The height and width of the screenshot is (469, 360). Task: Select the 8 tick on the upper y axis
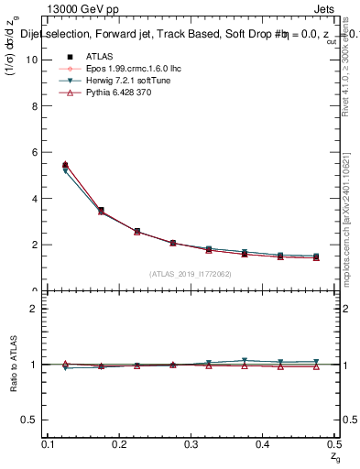tap(37, 105)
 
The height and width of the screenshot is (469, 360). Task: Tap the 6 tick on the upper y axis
tap(37, 152)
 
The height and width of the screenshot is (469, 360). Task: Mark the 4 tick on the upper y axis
tap(37, 198)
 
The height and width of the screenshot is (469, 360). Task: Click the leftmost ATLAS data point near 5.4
tap(65, 166)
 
